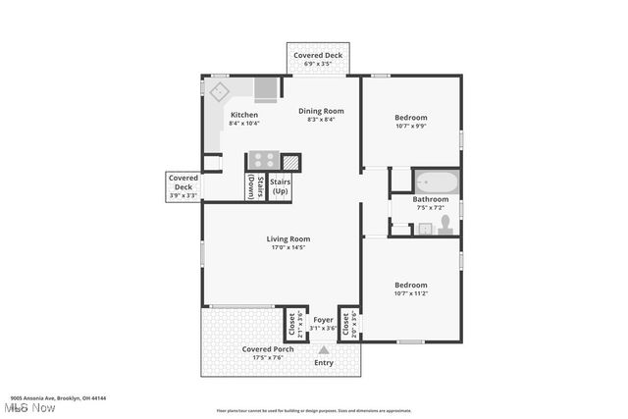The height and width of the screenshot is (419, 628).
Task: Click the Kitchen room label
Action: tap(243, 115)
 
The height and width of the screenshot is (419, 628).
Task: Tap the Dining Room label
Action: tap(321, 111)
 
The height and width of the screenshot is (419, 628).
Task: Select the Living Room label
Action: tap(288, 238)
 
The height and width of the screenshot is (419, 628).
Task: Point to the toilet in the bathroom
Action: tap(445, 226)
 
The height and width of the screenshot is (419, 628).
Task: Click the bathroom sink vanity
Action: tap(425, 229)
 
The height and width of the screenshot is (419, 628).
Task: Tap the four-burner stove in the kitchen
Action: tap(262, 160)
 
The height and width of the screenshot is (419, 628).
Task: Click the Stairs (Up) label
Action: tap(280, 185)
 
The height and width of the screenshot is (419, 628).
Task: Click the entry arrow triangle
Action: tap(324, 349)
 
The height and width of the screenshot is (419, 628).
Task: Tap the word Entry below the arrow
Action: tap(323, 362)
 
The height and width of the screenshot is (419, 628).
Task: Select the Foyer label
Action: tap(323, 320)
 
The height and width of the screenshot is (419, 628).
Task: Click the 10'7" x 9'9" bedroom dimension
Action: tap(411, 126)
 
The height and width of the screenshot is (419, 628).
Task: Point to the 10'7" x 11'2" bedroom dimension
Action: tap(411, 292)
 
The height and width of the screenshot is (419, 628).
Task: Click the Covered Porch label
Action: tap(268, 349)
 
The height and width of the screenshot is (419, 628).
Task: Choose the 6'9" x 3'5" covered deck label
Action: tap(317, 63)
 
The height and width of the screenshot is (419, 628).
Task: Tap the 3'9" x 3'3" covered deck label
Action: tap(183, 195)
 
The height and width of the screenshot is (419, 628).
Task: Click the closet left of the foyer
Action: tap(291, 324)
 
